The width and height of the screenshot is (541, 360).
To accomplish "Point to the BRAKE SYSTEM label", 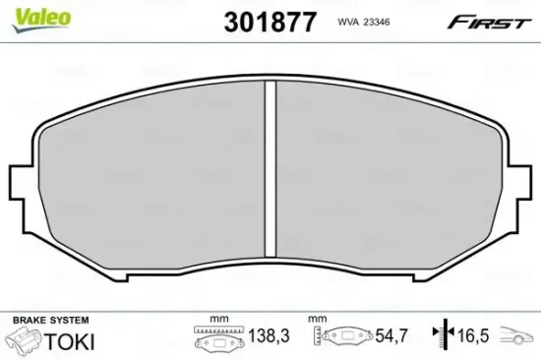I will click(x=49, y=321).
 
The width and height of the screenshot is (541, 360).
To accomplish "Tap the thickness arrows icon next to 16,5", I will click(x=444, y=336).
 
